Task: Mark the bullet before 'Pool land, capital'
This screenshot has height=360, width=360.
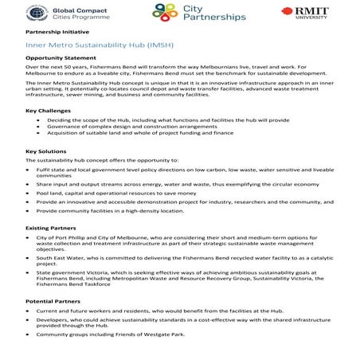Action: [x=29, y=192]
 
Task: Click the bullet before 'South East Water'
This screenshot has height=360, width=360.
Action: [x=29, y=258]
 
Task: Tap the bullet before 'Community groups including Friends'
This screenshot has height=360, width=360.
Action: [x=29, y=335]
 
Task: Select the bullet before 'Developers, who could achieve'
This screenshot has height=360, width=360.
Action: [x=29, y=321]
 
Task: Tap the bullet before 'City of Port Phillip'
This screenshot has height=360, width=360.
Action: [x=29, y=237]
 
